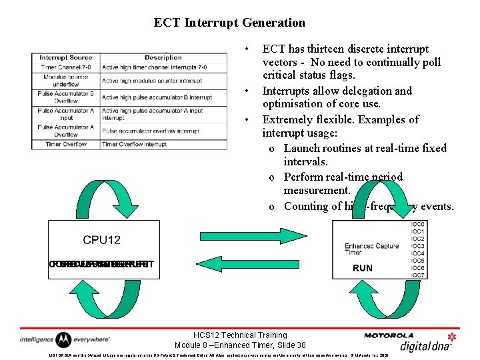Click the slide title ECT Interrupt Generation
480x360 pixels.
pos(229,23)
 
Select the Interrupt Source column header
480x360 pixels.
pos(65,58)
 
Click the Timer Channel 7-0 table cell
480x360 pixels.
pos(65,67)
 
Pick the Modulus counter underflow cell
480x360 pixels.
pos(65,81)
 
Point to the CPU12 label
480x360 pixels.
pos(101,240)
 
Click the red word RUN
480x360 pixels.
pos(363,268)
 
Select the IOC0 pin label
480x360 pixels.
pos(418,225)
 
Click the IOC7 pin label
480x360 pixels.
pos(418,275)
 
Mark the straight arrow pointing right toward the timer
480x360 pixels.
pos(253,235)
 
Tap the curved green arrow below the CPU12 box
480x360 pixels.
pos(99,299)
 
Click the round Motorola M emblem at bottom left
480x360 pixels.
pos(63,339)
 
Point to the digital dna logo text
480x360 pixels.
pos(427,345)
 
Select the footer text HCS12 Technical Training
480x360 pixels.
pos(239,335)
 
